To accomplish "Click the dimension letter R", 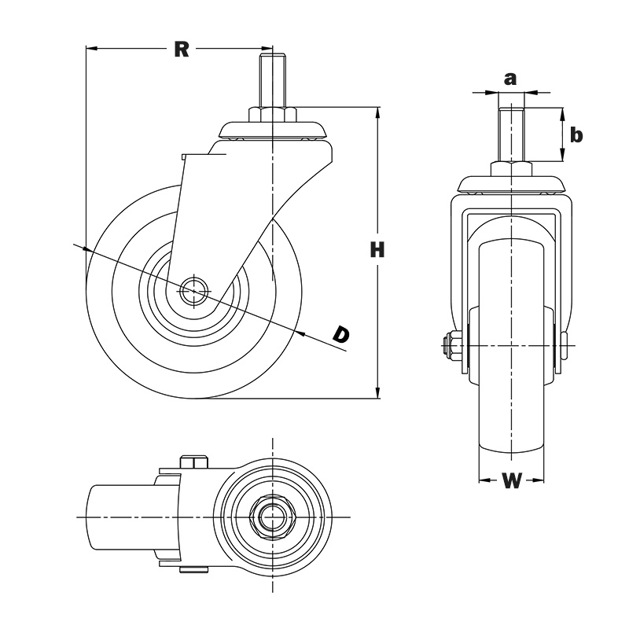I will click(182, 50).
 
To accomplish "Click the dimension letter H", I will click(378, 251).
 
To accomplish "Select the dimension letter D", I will click(340, 334).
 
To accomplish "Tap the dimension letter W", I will click(512, 481).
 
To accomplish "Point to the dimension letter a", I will click(510, 78).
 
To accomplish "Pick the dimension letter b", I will click(576, 135).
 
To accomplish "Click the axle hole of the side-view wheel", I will click(191, 291).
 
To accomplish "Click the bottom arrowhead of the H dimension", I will click(379, 392).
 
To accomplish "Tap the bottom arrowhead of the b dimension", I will click(563, 156).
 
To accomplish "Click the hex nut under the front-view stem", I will click(512, 169).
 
